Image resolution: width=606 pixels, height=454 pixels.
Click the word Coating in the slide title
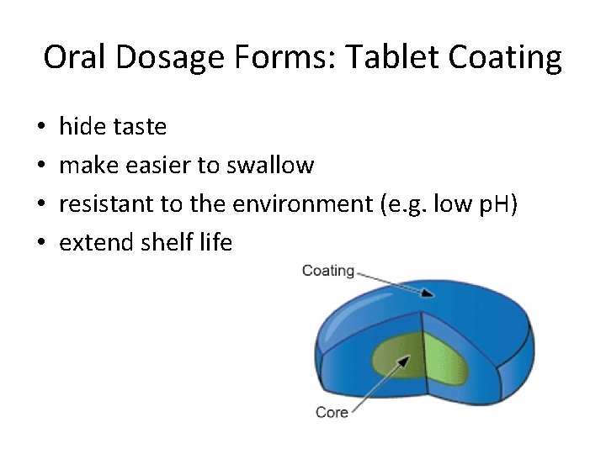pyautogui.click(x=509, y=58)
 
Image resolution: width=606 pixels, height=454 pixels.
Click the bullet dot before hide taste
pyautogui.click(x=41, y=128)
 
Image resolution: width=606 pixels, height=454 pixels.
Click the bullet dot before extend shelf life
pyautogui.click(x=41, y=244)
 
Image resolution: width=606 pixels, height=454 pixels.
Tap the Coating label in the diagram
pyautogui.click(x=327, y=271)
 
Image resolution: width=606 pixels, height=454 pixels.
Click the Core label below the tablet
pyautogui.click(x=332, y=412)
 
